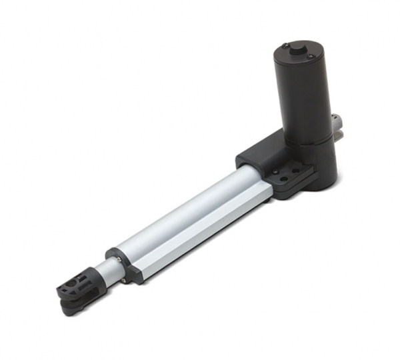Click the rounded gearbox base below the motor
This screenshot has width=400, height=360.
pos(317,163)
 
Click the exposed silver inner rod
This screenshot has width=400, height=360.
pos(100,271)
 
